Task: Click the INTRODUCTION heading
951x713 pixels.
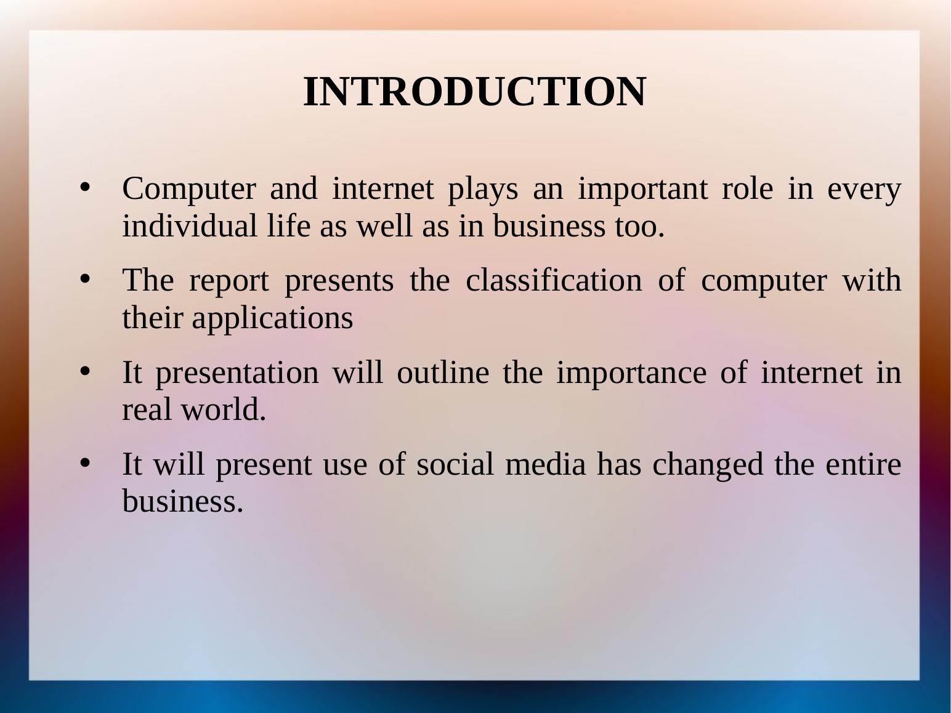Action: point(475,92)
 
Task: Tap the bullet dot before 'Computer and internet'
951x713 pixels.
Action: point(85,187)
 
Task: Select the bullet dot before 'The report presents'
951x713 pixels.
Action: point(85,279)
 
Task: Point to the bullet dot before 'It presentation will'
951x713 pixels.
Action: point(85,371)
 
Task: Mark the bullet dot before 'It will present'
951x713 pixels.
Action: point(85,463)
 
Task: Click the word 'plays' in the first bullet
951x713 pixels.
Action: point(483,190)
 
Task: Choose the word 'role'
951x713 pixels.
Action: point(747,189)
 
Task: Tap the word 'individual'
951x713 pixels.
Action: point(190,225)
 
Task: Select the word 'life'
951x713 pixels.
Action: point(288,225)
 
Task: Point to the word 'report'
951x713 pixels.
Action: point(229,282)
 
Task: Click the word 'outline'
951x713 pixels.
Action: point(443,372)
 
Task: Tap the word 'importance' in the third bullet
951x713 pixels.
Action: point(632,374)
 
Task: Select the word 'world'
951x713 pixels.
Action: point(224,409)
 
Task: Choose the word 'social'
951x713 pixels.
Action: point(455,464)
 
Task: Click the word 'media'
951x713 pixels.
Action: point(546,464)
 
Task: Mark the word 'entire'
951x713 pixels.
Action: point(864,464)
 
